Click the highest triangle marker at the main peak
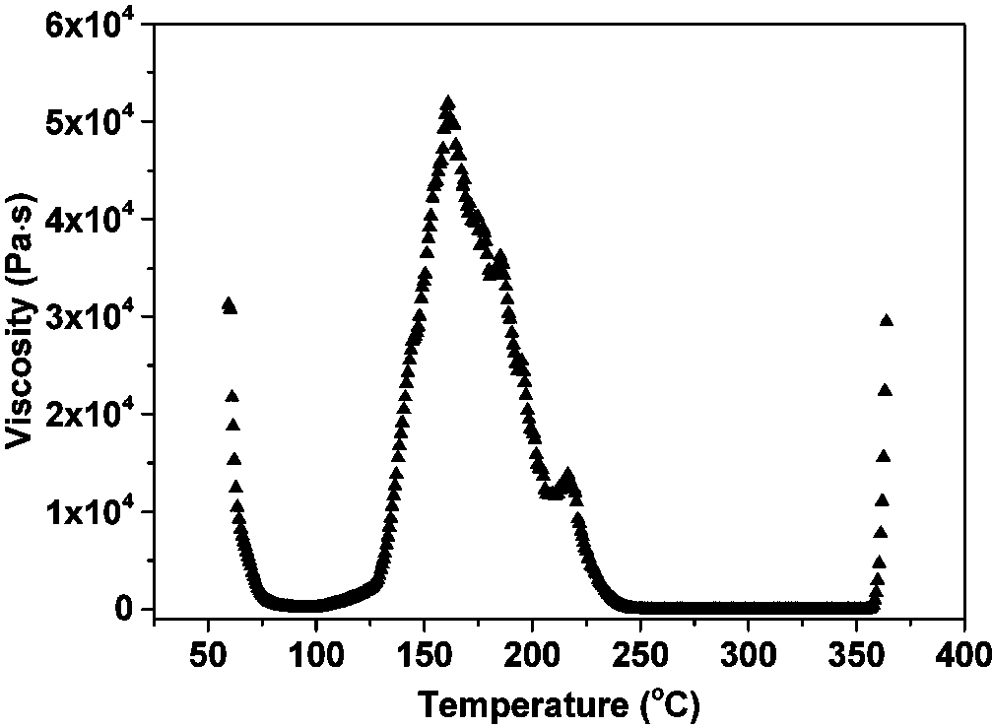[448, 102]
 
